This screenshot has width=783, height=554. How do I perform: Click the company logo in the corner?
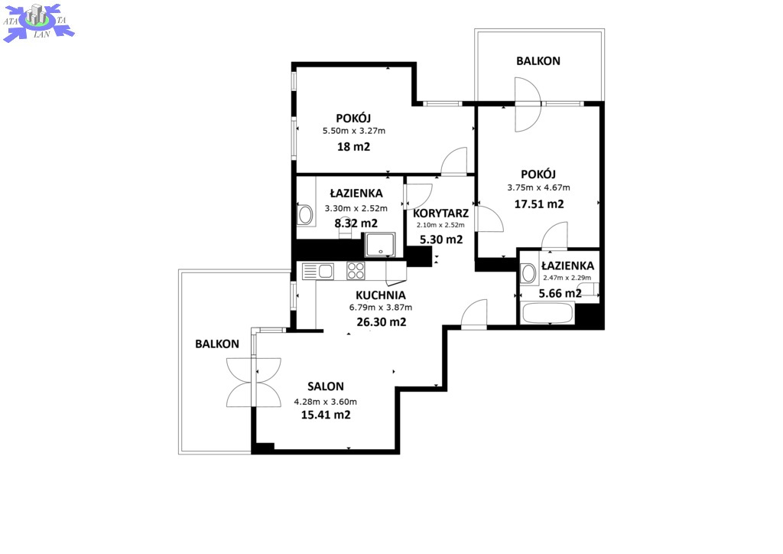[x=38, y=22]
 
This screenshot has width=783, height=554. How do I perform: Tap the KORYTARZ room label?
[x=440, y=213]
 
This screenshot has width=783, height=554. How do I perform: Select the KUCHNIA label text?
[x=381, y=295]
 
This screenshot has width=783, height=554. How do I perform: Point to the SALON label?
[x=326, y=386]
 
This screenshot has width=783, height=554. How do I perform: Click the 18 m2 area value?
[x=353, y=147]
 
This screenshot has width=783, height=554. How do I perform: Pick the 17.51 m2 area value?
[x=539, y=204]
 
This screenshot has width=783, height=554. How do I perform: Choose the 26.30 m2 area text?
[x=381, y=322]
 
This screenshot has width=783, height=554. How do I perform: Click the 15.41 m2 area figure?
[x=326, y=415]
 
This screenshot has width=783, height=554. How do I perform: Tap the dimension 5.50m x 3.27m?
[x=354, y=132]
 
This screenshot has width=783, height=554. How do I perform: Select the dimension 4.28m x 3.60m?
[x=326, y=402]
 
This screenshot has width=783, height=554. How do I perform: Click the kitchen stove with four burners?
[x=356, y=271]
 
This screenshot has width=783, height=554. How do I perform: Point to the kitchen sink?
[x=318, y=271]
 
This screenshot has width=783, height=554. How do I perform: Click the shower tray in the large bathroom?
[x=379, y=245]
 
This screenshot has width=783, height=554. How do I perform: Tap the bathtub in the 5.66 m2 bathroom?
[x=547, y=313]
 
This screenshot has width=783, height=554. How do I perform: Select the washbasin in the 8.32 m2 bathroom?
[x=304, y=214]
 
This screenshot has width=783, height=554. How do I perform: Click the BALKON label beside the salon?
[x=217, y=344]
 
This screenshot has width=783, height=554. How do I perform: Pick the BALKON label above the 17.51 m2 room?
[x=538, y=61]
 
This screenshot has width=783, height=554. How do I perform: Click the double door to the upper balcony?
[x=528, y=104]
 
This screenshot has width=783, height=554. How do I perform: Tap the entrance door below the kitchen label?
[x=473, y=314]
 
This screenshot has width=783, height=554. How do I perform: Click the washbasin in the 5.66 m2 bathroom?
[x=528, y=273]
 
